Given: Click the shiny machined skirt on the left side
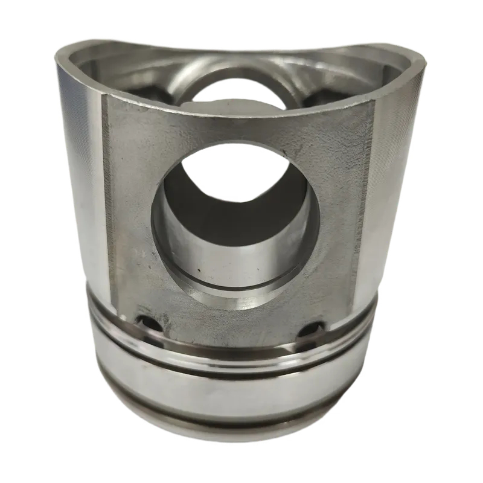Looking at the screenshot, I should coord(85,181).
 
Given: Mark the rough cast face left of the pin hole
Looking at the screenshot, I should coord(130,199).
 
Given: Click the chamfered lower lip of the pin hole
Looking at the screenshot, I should coord(235,296).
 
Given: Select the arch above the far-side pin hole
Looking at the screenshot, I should coord(238,69).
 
